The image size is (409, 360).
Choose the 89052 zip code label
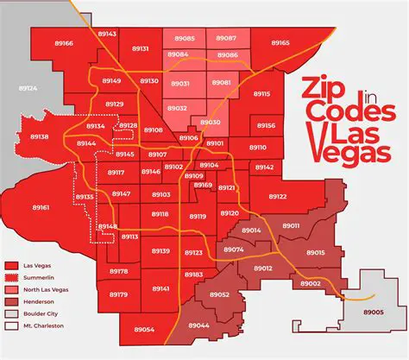pos(219,294)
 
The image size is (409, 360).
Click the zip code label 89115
pos(261,94)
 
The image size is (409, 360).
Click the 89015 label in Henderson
pos(315,253)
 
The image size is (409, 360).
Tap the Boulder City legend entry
pos(44,316)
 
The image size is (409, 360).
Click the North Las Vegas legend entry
pos(48,291)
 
